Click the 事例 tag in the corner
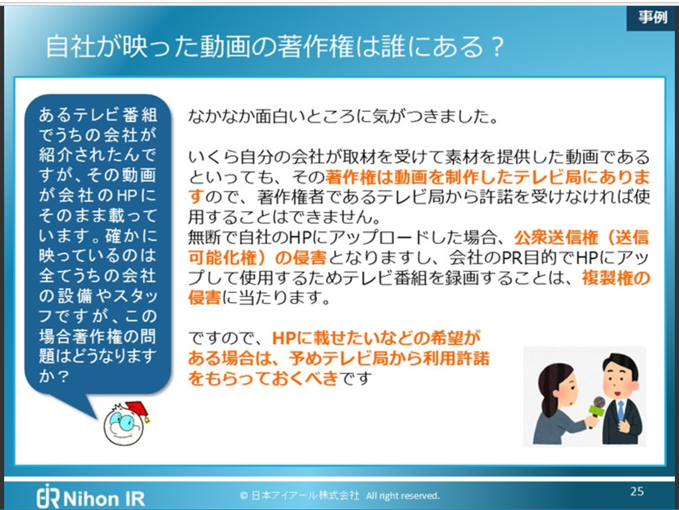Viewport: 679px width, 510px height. (653, 17)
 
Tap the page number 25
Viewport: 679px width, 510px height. (637, 491)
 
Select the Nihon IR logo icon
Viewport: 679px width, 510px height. (47, 496)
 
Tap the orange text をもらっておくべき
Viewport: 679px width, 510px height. (263, 378)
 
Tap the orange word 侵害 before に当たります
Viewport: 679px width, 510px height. (205, 298)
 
